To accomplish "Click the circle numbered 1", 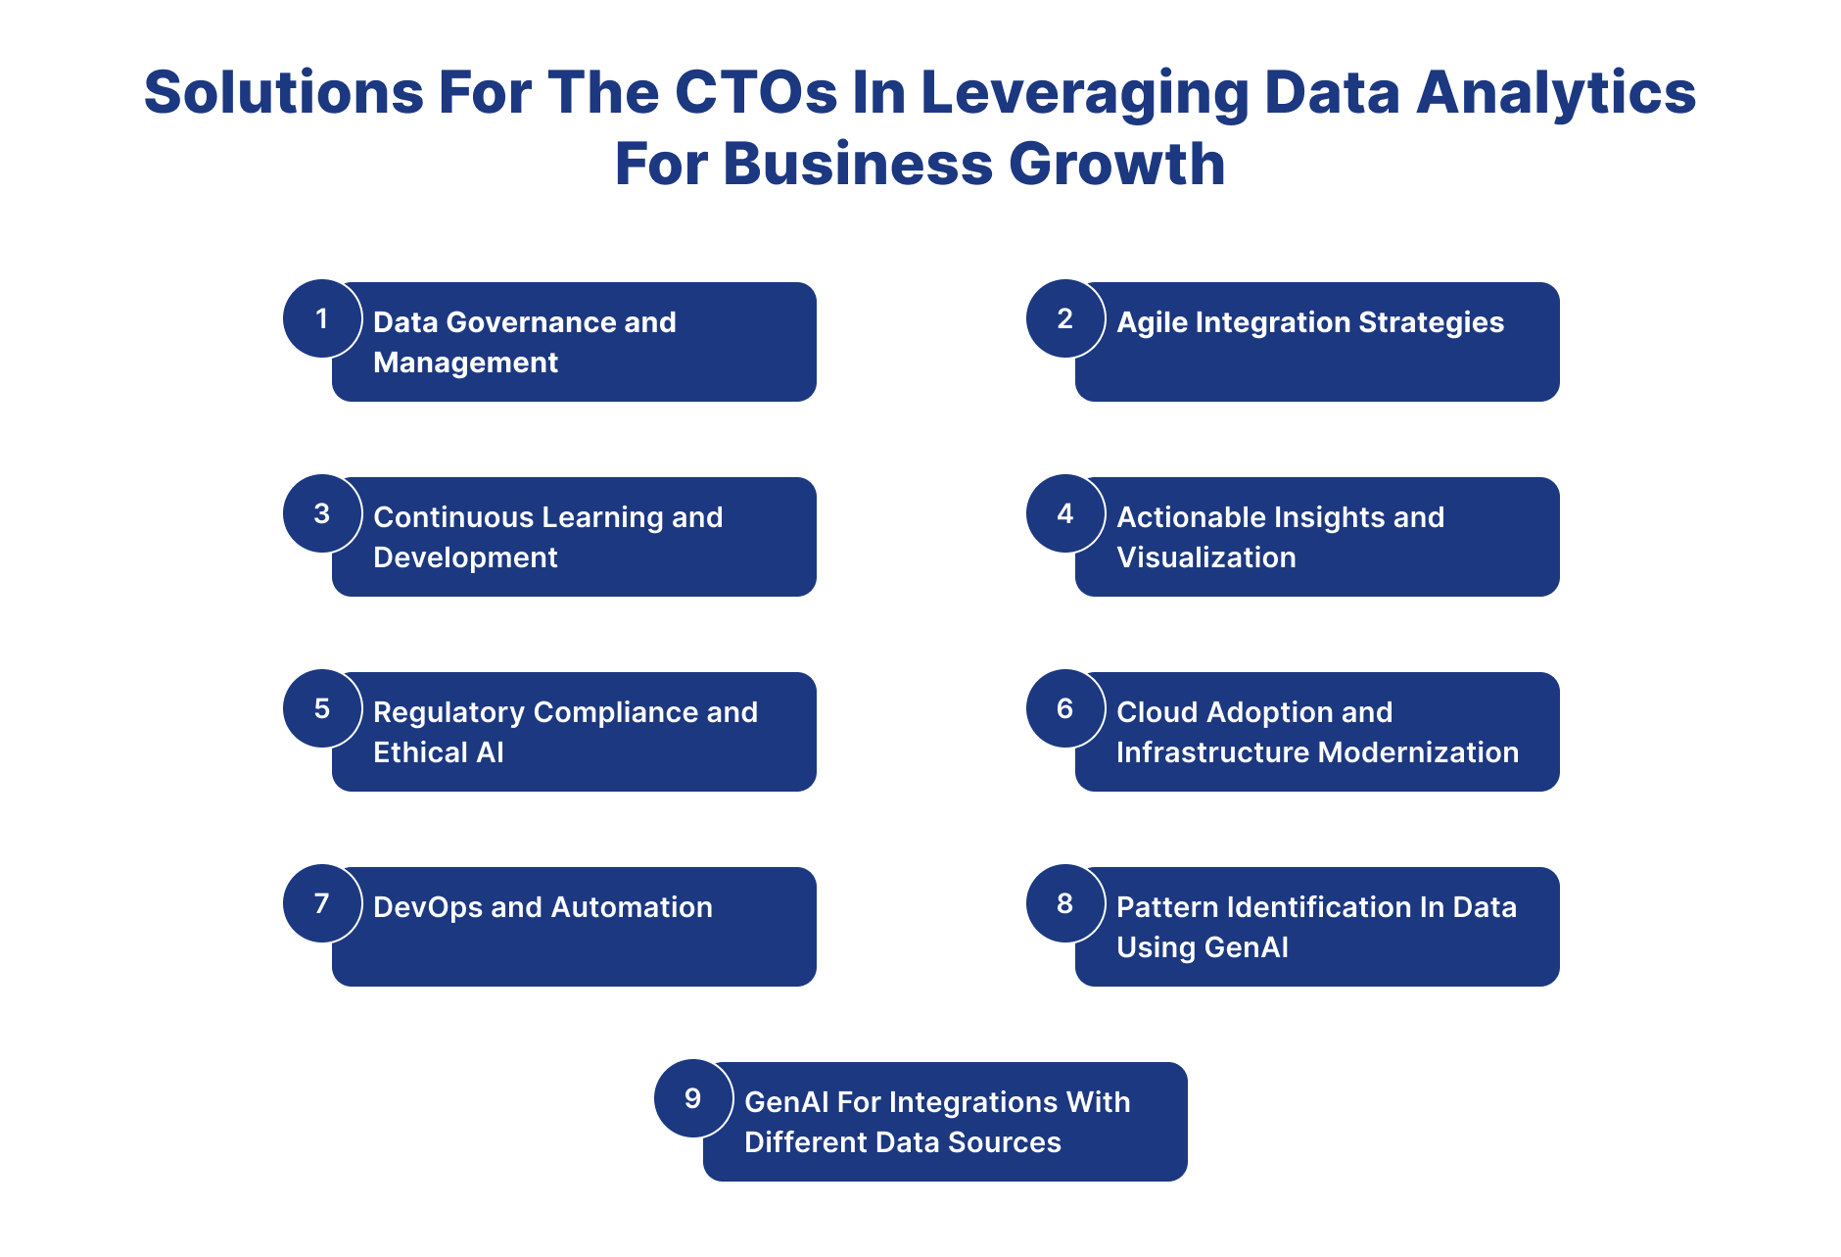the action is click(x=322, y=318).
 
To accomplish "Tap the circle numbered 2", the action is click(x=1065, y=318).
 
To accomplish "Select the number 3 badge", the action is click(x=322, y=513).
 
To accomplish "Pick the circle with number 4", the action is click(x=1065, y=513).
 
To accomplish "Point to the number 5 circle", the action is click(x=322, y=708).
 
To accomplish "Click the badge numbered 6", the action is click(x=1065, y=708).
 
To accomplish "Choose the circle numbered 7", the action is click(x=322, y=903).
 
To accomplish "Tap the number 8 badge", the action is click(x=1065, y=903).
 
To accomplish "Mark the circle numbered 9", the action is click(x=693, y=1098).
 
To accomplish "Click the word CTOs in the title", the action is click(x=756, y=92).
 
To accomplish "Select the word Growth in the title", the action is click(x=1117, y=164).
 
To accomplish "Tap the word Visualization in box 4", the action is click(x=1206, y=557).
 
